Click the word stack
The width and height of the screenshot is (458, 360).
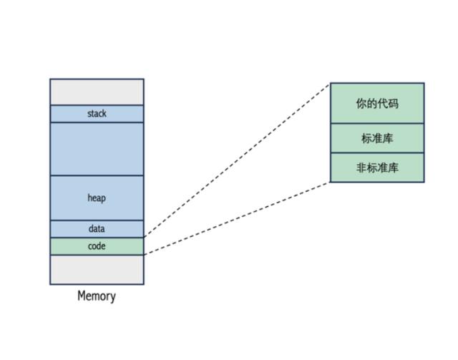(97, 113)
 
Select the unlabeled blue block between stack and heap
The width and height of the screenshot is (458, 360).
(97, 149)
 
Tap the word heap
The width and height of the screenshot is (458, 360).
(97, 198)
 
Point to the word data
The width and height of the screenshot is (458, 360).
(97, 228)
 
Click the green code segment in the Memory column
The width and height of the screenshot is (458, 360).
(97, 246)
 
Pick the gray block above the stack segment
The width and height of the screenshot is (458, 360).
(97, 92)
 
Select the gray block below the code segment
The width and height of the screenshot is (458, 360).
(97, 269)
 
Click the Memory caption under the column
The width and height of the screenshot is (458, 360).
(97, 296)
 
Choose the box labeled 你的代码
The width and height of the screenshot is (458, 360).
(377, 103)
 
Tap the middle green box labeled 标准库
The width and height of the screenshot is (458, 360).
(377, 138)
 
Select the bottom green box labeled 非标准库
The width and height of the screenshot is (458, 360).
(377, 167)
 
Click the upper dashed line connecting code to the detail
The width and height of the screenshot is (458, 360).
(237, 160)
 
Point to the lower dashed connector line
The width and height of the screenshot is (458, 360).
(237, 218)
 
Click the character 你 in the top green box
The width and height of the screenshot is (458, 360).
(361, 104)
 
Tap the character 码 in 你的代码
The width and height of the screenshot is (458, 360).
(393, 104)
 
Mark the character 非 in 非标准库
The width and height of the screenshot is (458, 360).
(361, 167)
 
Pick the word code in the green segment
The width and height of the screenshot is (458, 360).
(97, 246)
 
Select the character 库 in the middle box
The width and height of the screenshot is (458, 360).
(388, 138)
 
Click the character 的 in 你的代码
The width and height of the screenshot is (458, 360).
(371, 104)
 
